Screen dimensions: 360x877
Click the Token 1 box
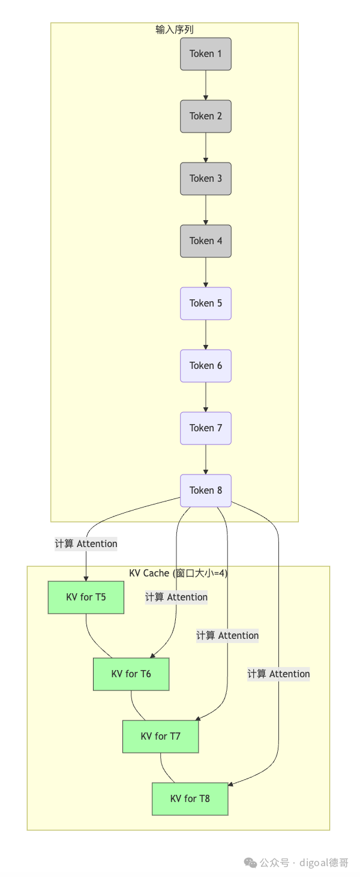(x=206, y=54)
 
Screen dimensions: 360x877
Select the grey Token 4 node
(x=206, y=241)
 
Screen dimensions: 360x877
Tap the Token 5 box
(x=206, y=304)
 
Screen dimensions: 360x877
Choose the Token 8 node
(x=206, y=491)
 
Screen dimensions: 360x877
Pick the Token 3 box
(x=206, y=179)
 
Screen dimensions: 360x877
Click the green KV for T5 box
(x=86, y=597)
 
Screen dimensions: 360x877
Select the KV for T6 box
(x=131, y=674)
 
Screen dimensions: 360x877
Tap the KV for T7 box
(x=161, y=736)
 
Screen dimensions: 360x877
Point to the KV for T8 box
(x=190, y=798)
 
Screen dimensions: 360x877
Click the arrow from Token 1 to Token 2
(x=206, y=85)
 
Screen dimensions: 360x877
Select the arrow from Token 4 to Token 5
(x=206, y=272)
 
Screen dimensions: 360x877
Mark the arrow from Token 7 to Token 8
(x=206, y=459)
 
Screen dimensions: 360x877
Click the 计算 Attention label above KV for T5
(x=86, y=544)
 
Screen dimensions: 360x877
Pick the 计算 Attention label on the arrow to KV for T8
(x=278, y=674)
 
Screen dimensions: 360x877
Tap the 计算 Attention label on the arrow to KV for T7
(x=227, y=635)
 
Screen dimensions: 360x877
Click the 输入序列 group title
(x=175, y=30)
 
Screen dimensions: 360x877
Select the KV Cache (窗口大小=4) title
(x=178, y=573)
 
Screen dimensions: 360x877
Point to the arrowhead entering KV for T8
(x=230, y=784)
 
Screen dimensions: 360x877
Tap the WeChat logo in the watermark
(x=250, y=863)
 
